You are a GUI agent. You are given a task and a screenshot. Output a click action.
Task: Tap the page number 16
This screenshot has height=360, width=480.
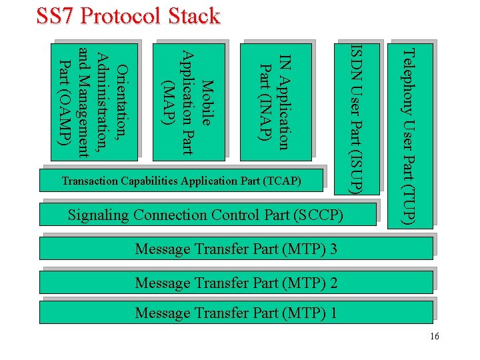[x=435, y=337]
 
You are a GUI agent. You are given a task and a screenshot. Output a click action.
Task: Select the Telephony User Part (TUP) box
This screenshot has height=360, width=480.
[x=410, y=136]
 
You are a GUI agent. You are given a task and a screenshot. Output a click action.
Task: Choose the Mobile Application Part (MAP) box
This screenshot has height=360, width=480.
[x=188, y=101]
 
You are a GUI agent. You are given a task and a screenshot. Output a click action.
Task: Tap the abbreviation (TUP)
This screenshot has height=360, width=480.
[x=410, y=204]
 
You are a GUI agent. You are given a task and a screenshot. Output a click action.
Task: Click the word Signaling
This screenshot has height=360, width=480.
[x=99, y=215]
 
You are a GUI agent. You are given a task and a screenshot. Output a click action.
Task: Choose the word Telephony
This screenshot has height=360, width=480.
[x=410, y=77]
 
